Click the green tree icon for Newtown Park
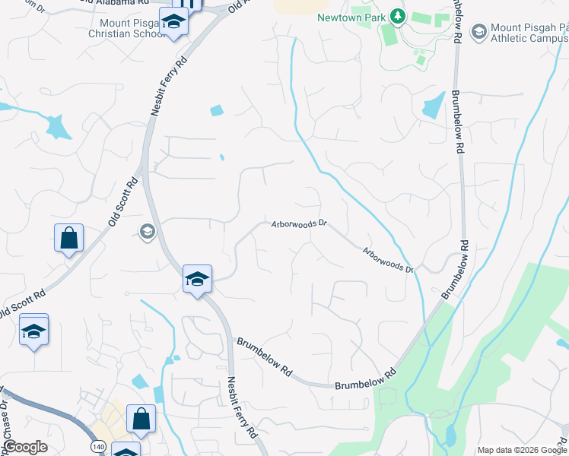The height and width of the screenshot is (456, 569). (x=396, y=15)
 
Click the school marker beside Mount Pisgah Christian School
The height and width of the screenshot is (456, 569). (x=174, y=24)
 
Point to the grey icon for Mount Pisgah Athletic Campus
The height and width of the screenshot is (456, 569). (x=478, y=31)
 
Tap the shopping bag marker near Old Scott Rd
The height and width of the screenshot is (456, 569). (x=68, y=238)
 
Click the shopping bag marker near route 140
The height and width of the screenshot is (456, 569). (x=141, y=418)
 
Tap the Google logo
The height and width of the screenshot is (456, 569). (x=25, y=447)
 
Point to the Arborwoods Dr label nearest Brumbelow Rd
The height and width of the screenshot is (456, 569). (x=387, y=261)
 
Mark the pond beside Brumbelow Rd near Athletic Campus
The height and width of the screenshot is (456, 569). (x=434, y=105)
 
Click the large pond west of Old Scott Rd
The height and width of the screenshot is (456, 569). (x=56, y=126)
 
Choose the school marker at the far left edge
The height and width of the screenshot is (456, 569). (x=33, y=331)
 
